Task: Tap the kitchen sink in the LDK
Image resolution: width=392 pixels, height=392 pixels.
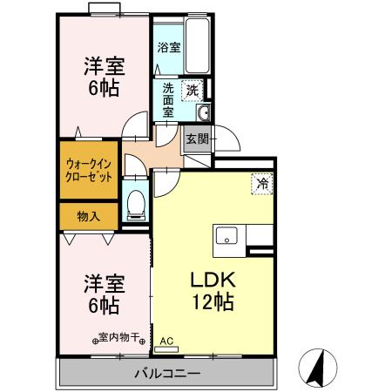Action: [x=226, y=234]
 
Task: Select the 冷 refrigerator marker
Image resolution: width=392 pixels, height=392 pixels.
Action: [x=261, y=184]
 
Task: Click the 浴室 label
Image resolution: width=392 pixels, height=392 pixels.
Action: [x=169, y=48]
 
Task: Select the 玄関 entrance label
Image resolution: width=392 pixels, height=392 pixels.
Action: [x=197, y=139]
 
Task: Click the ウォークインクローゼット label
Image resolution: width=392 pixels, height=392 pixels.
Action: [x=88, y=168]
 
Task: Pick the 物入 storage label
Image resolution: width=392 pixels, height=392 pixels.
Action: [x=88, y=214]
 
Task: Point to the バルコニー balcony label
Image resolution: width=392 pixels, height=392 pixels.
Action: [x=167, y=374]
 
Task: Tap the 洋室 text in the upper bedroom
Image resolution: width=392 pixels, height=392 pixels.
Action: [x=102, y=65]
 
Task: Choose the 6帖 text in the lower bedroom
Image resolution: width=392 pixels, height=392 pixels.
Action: [x=102, y=306]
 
